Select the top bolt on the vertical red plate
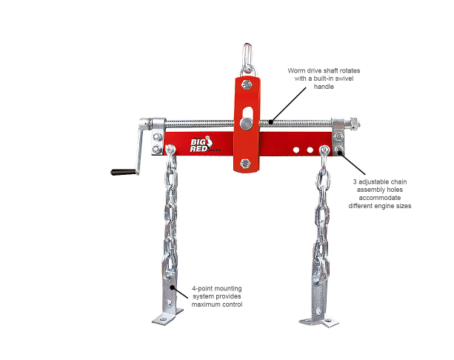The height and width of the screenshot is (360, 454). (245, 84)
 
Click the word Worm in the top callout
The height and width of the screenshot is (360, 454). (297, 71)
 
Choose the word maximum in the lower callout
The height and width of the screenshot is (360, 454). (209, 306)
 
